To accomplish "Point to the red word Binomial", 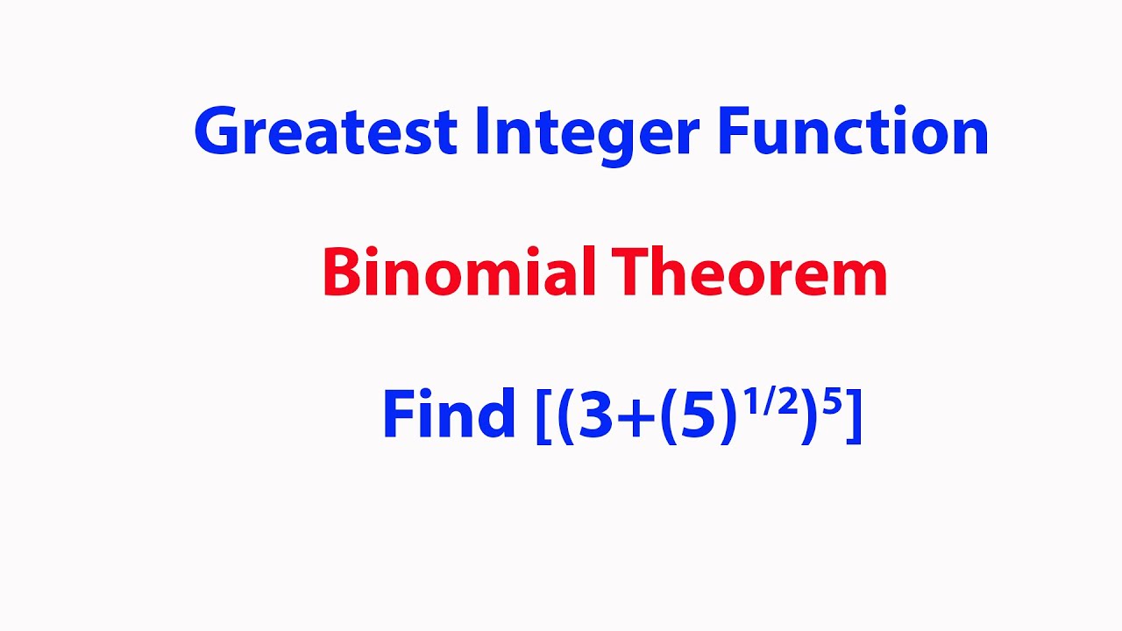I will click(458, 273).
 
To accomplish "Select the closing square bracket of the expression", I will click(854, 415).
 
